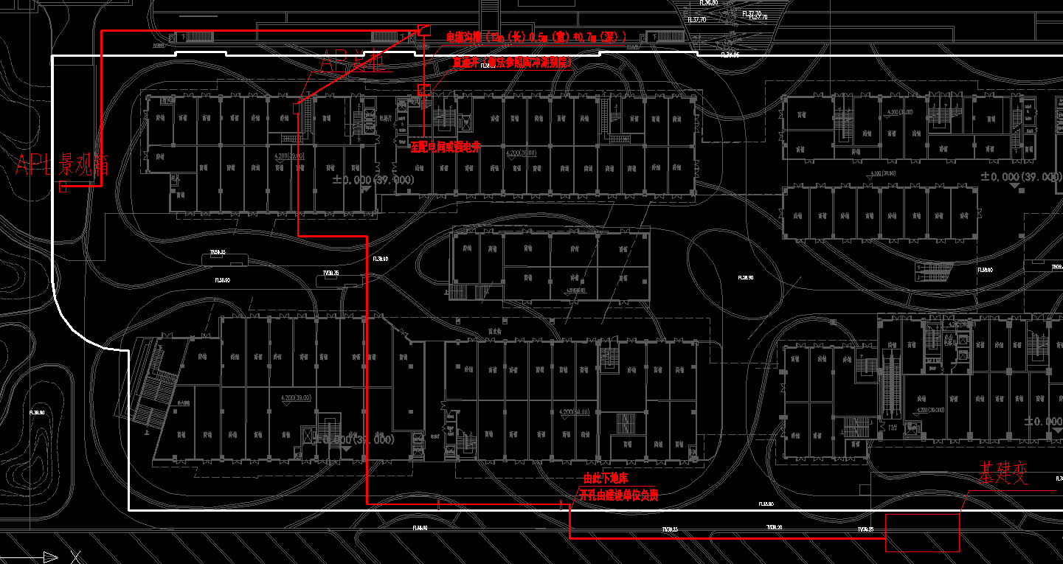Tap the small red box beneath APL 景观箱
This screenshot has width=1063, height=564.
pos(63,187)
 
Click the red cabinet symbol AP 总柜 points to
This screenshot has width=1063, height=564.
pos(295,108)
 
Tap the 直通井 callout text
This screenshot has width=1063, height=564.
pos(465,63)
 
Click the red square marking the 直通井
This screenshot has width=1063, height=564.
pos(423,90)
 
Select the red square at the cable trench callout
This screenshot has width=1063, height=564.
pos(423,29)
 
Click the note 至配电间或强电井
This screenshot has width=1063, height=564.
pos(446,147)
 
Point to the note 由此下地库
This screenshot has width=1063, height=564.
pos(606,478)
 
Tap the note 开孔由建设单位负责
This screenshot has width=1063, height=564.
pos(618,495)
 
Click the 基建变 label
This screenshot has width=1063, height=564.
pos(1003,474)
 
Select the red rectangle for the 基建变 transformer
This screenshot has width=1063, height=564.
pos(922,532)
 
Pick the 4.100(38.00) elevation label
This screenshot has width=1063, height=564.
pos(884,173)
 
